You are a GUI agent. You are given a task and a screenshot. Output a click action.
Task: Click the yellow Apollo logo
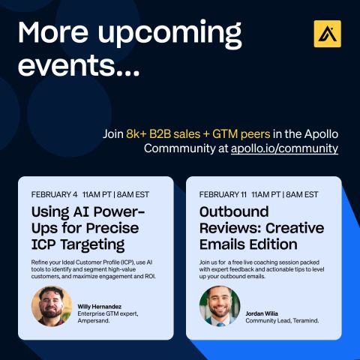(327, 34)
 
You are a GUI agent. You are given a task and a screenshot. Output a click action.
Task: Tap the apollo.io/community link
(284, 148)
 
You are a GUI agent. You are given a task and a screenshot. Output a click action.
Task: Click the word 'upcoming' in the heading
(169, 34)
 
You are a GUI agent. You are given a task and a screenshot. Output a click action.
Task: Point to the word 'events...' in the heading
(79, 65)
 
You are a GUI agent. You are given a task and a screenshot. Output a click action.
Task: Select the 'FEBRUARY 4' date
(54, 194)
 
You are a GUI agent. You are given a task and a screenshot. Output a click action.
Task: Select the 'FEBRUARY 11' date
(223, 194)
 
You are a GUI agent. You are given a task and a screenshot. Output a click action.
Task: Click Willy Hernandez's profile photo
(52, 306)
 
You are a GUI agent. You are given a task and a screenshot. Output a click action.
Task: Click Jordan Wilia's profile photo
(220, 306)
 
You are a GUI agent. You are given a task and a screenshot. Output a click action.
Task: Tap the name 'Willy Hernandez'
(100, 307)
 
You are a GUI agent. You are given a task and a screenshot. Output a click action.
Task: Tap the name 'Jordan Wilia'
(262, 313)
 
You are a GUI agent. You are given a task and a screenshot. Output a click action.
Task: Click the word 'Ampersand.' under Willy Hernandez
(94, 320)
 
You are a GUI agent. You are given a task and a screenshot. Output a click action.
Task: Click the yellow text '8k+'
(136, 134)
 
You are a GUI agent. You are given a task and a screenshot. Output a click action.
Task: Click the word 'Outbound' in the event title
(234, 211)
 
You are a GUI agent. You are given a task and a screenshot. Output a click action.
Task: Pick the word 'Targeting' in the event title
(92, 245)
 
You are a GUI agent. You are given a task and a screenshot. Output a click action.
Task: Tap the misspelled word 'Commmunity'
(179, 148)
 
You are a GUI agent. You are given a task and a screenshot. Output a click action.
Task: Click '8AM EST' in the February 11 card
(302, 194)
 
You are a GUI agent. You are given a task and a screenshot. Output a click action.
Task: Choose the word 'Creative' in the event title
(295, 228)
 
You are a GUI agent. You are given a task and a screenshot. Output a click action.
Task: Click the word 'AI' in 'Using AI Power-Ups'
(81, 211)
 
